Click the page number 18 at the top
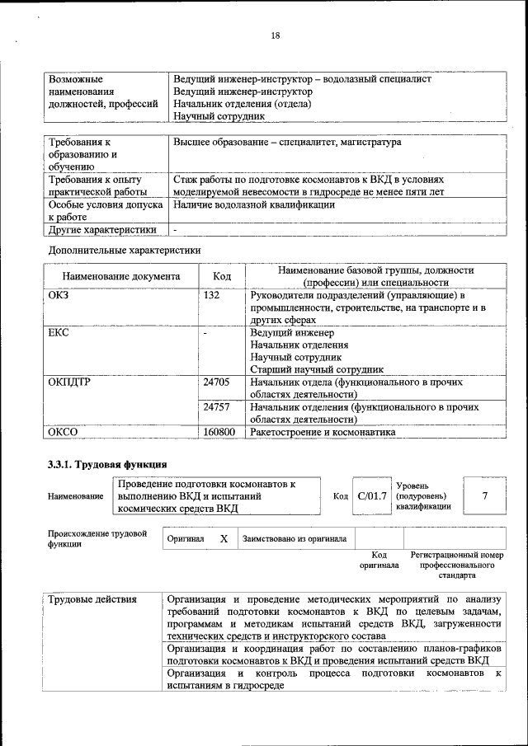pyautogui.click(x=276, y=35)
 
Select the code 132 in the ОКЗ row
pyautogui.click(x=211, y=295)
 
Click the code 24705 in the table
pyautogui.click(x=216, y=382)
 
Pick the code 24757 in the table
pyautogui.click(x=216, y=406)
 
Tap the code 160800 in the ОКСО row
pyautogui.click(x=219, y=431)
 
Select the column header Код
pyautogui.click(x=222, y=276)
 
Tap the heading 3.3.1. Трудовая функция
pyautogui.click(x=108, y=464)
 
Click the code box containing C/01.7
pyautogui.click(x=370, y=495)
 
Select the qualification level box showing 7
pyautogui.click(x=484, y=495)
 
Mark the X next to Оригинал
pyautogui.click(x=223, y=538)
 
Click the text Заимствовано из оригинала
pyautogui.click(x=294, y=538)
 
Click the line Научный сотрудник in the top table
pyautogui.click(x=219, y=116)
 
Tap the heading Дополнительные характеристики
pyautogui.click(x=125, y=249)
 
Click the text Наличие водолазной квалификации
pyautogui.click(x=253, y=204)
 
